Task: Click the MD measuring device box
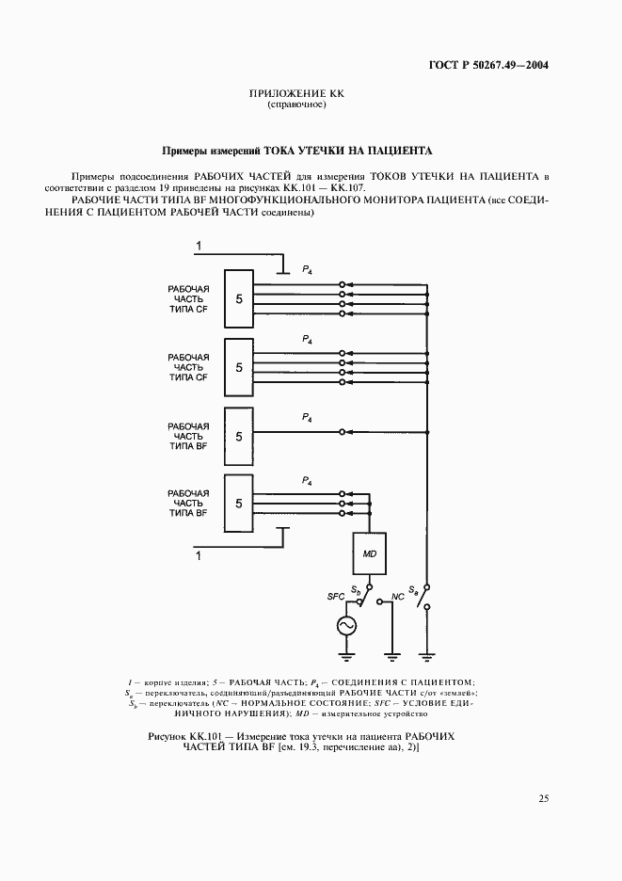[369, 554]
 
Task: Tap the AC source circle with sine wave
[346, 625]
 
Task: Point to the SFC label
[335, 597]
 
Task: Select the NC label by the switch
[398, 597]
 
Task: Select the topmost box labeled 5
[239, 298]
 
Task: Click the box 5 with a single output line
[239, 437]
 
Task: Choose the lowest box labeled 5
[239, 504]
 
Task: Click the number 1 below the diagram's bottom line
[199, 557]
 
